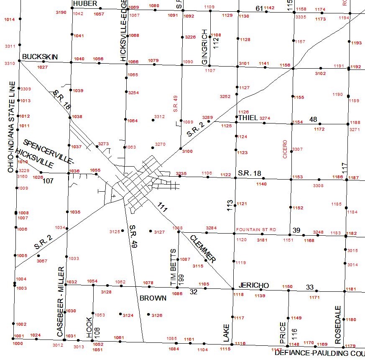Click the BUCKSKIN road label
tap(40, 57)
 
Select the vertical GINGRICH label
tap(204, 47)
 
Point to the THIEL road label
tap(248, 118)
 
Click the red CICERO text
tap(285, 149)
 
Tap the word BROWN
tap(153, 298)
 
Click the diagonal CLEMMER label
tap(203, 249)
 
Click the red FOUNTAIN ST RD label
tap(256, 230)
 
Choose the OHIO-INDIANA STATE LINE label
tap(11, 127)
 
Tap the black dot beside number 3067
tap(38, 255)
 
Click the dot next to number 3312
tap(153, 120)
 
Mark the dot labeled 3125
tap(123, 231)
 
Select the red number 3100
tap(187, 151)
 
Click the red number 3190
tap(61, 13)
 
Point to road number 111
tap(162, 206)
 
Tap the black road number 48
tap(313, 120)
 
